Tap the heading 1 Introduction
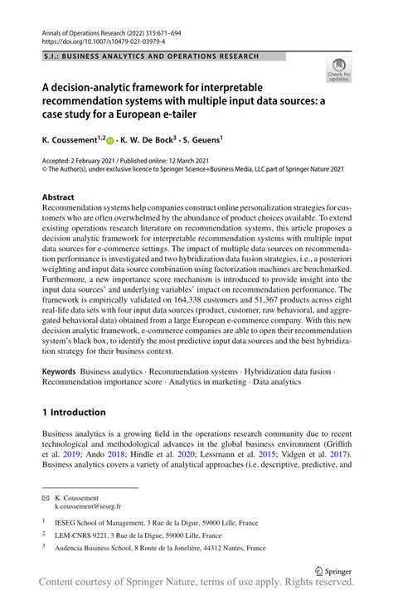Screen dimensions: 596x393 pos(74,412)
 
